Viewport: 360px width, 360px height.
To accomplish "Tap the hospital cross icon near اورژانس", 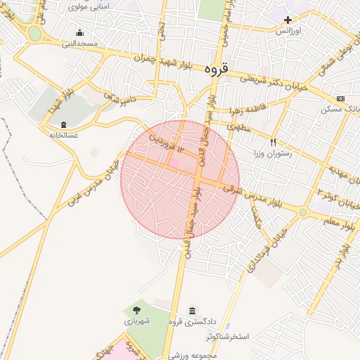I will point(288,20).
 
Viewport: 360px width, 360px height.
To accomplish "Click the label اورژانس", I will point(288,32).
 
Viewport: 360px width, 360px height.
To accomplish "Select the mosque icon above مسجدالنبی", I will point(79,32).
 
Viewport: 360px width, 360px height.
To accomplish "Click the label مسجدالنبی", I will point(79,44).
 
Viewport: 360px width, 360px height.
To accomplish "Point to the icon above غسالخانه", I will point(64,124).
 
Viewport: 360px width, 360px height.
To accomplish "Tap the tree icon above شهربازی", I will point(136,309).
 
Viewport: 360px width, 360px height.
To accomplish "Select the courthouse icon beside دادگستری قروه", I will point(193,311).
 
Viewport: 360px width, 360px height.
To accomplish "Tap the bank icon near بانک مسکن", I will point(341,98).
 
